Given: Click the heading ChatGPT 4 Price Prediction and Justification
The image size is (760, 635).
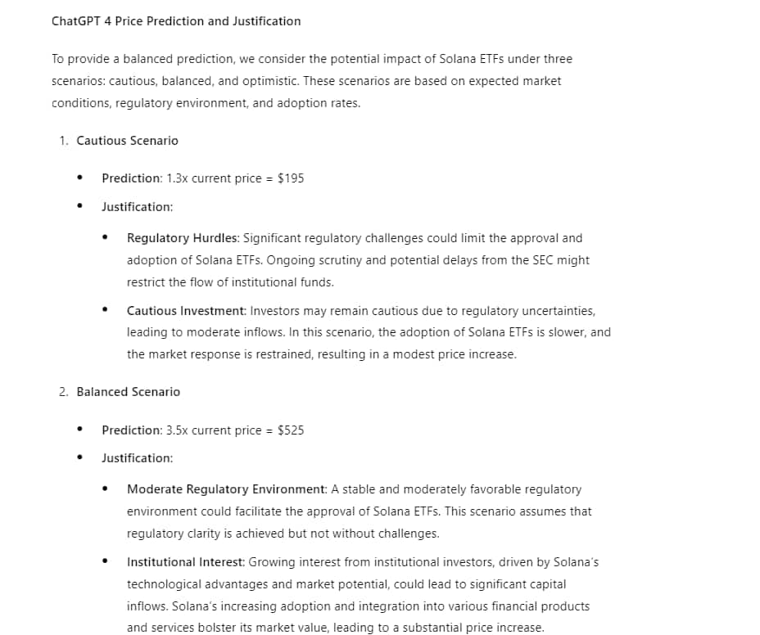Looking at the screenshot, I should (176, 21).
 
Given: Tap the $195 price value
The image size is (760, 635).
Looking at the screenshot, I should (291, 178).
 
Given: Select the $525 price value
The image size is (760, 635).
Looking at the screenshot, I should (291, 430).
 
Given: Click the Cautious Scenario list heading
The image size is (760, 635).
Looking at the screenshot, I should (127, 141).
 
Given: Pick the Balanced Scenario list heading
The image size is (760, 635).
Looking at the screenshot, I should (128, 392).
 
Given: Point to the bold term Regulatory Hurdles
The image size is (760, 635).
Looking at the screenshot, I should (183, 238).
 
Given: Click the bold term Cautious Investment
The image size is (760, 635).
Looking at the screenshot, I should (186, 311).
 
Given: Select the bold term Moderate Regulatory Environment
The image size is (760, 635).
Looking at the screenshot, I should (227, 489).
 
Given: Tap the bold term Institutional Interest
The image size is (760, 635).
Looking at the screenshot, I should (186, 562).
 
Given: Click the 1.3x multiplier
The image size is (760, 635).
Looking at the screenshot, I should (177, 178).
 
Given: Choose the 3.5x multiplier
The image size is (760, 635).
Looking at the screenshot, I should (177, 430).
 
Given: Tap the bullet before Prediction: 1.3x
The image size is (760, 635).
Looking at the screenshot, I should (79, 178).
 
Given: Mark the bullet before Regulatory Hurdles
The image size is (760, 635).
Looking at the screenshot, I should (105, 238).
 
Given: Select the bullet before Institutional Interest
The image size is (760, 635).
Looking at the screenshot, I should (105, 562).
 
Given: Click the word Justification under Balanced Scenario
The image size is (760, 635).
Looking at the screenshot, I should (137, 458).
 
